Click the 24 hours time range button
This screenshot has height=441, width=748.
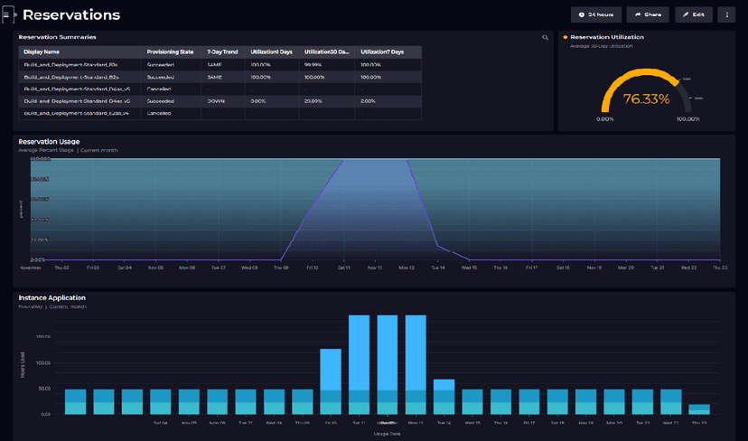595,14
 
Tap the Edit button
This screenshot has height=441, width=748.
694,14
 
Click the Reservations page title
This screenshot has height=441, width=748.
70,15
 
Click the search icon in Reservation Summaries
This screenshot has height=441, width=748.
545,38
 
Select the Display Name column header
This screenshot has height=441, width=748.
41,52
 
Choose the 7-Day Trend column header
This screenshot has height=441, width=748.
221,52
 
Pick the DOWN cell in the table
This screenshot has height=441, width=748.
216,101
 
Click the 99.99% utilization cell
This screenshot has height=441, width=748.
313,64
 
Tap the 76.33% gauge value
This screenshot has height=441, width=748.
646,99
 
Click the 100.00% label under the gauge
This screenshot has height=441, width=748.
687,118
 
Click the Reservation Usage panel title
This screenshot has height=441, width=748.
49,142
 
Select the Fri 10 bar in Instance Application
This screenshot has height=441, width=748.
331,380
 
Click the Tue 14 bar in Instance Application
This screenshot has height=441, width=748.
444,396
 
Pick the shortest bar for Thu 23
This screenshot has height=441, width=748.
698,408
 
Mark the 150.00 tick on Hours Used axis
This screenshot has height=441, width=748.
42,337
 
